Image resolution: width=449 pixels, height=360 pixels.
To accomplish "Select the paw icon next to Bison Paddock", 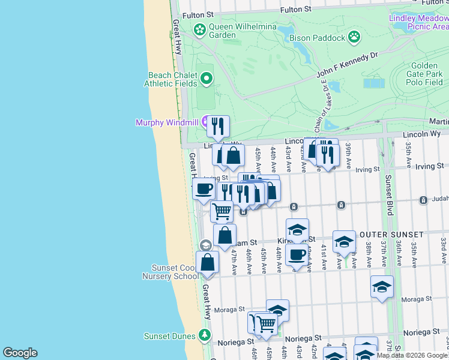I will coord(354,37).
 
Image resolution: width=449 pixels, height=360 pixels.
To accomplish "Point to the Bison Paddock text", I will coord(318,38).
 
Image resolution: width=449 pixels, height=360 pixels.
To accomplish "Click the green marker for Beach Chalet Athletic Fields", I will coord(206,78).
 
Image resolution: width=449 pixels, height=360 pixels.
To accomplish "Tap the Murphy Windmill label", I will coord(167,123).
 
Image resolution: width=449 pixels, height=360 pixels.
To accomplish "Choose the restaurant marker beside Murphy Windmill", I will coord(218,126).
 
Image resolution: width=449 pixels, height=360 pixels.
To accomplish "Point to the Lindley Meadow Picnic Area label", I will coord(419,22).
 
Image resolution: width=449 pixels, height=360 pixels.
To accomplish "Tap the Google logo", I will coord(20,353).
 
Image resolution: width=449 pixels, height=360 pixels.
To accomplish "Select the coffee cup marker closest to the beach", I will coord(203,188).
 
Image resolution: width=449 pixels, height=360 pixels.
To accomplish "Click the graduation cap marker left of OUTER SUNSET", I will coord(344,241).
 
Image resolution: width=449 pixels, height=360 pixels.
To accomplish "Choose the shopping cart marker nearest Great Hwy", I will coord(221,211).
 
